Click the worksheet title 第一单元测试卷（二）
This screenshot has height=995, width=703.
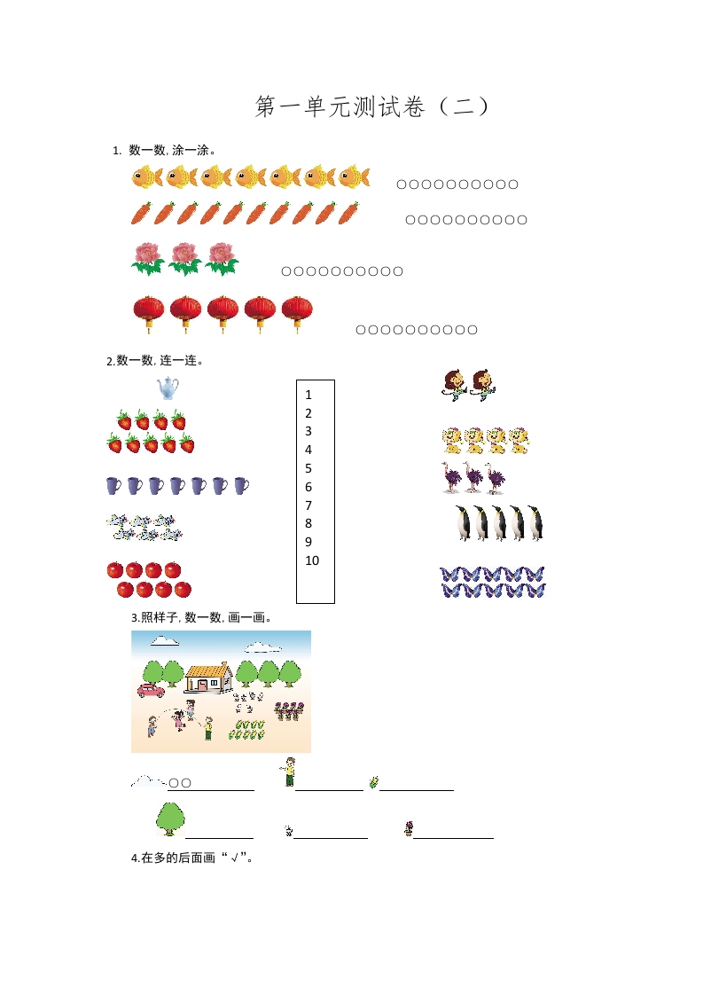pyautogui.click(x=372, y=107)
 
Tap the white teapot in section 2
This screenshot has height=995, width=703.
pyautogui.click(x=168, y=388)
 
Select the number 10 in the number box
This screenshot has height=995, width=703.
pyautogui.click(x=311, y=560)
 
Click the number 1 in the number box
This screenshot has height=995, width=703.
pyautogui.click(x=309, y=395)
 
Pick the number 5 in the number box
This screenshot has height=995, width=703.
pyautogui.click(x=309, y=468)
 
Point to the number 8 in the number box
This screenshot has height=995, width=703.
pyautogui.click(x=309, y=523)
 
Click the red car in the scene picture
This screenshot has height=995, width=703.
pyautogui.click(x=148, y=689)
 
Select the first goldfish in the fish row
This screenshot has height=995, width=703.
pyautogui.click(x=146, y=177)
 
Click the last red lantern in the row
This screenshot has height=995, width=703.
pyautogui.click(x=297, y=311)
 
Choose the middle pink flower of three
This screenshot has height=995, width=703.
pyautogui.click(x=184, y=258)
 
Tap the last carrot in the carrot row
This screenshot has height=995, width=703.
pyautogui.click(x=348, y=213)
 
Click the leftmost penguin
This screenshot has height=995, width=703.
pyautogui.click(x=461, y=523)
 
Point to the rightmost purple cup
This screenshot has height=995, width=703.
pyautogui.click(x=240, y=485)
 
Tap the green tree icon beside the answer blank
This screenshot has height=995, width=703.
pyautogui.click(x=168, y=819)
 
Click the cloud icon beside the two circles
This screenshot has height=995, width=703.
pyautogui.click(x=146, y=781)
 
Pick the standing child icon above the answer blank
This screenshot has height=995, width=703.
pyautogui.click(x=288, y=772)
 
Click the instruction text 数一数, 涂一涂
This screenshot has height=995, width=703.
pyautogui.click(x=172, y=150)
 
